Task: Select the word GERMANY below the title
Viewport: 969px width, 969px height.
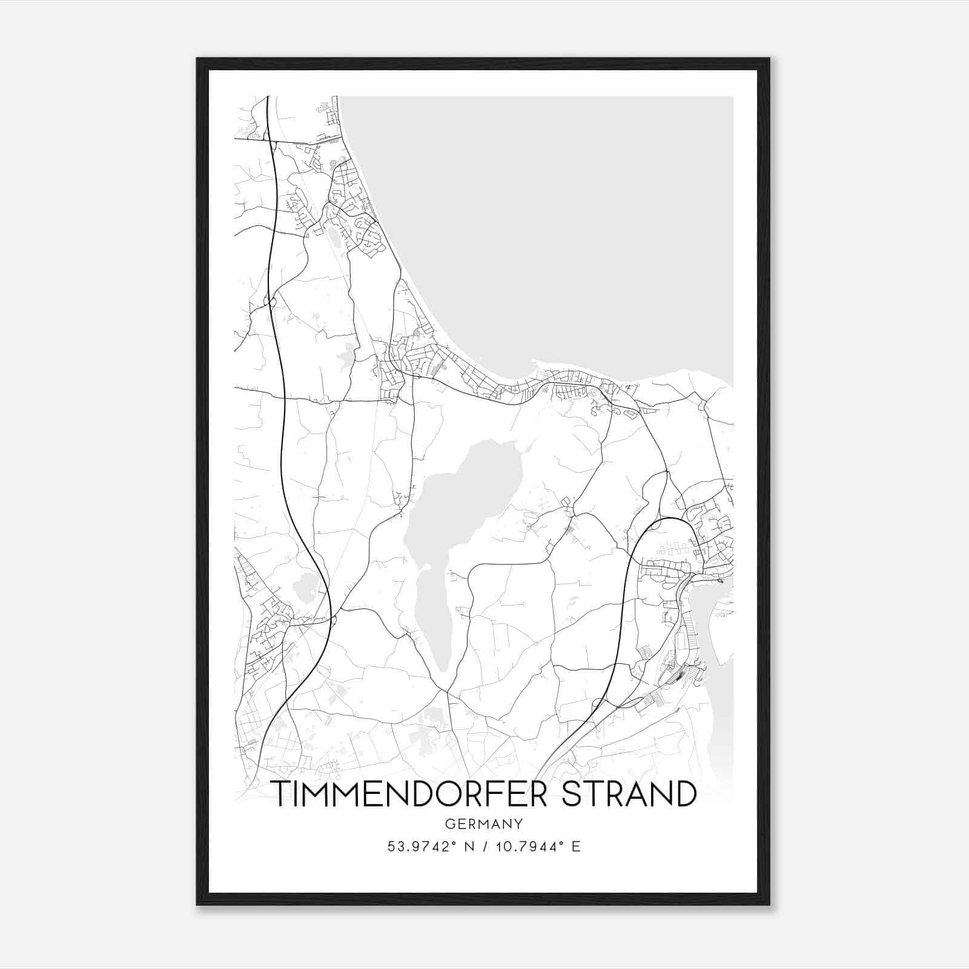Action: [484, 824]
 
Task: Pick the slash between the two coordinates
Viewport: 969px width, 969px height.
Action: [486, 847]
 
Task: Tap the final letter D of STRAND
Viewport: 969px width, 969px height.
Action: [685, 794]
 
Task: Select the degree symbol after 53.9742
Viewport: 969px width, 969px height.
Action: [455, 842]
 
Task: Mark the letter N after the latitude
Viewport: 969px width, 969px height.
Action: [467, 847]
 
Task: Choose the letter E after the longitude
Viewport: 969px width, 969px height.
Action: [577, 847]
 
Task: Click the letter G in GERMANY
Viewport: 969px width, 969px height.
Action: [449, 824]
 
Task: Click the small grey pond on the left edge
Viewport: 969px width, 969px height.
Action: [303, 587]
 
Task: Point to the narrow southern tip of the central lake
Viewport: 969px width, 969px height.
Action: [443, 663]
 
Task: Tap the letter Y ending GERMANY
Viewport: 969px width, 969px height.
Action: [519, 824]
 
